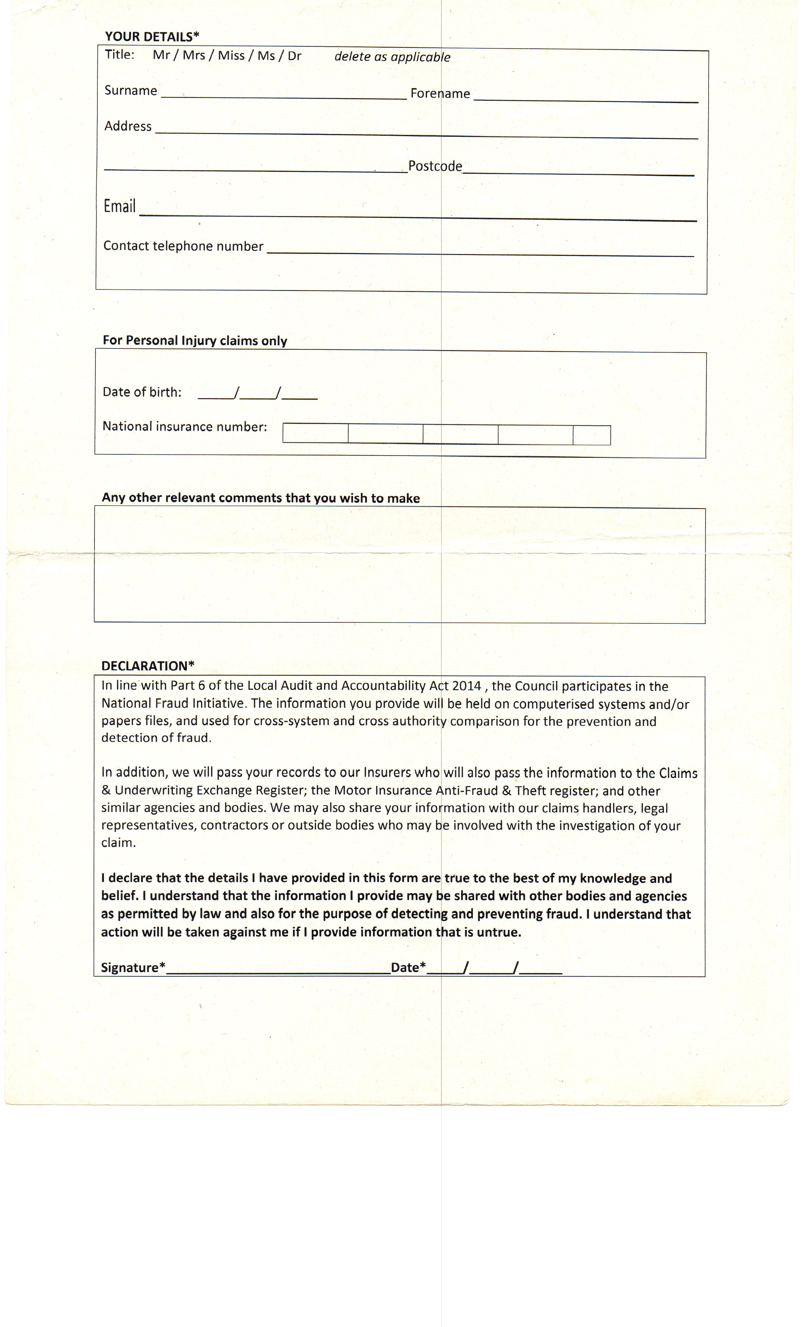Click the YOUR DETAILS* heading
click(152, 37)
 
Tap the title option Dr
click(294, 56)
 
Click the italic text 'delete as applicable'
click(392, 57)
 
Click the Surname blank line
click(284, 94)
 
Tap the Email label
click(119, 206)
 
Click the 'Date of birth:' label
click(142, 392)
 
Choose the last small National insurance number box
click(592, 435)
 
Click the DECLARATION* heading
click(148, 666)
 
